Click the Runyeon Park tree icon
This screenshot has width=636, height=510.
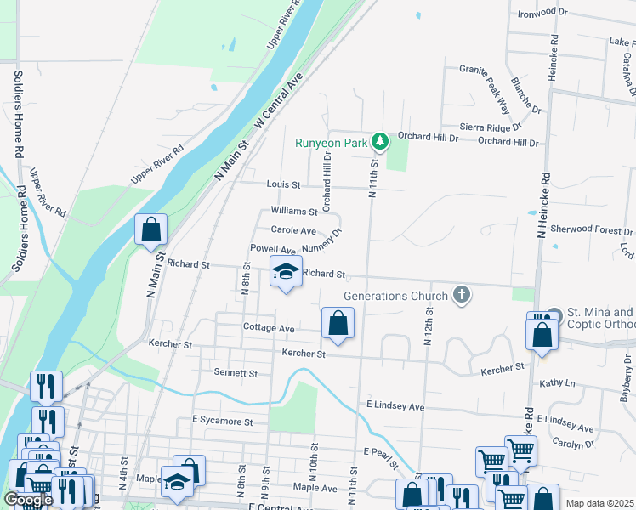[x=382, y=140]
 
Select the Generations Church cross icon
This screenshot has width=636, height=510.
[x=462, y=295]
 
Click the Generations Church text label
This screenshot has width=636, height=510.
[x=395, y=297]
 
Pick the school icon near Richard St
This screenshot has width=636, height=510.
[x=286, y=272]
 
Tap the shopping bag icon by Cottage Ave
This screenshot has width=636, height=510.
[x=338, y=324]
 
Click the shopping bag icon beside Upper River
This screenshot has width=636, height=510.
[x=150, y=229]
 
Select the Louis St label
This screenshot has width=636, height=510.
[x=283, y=184]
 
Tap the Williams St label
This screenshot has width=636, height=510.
[x=294, y=210]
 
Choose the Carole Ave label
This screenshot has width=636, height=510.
[x=293, y=230]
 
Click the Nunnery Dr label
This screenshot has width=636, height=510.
[x=321, y=240]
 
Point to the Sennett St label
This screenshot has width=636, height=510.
[x=236, y=373]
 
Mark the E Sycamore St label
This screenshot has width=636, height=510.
[x=223, y=421]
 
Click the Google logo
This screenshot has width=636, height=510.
[x=28, y=500]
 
